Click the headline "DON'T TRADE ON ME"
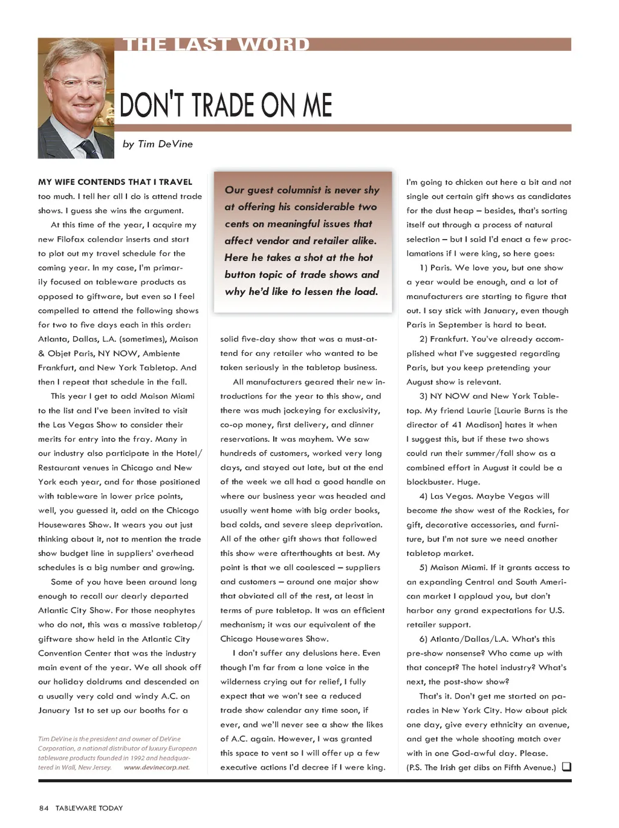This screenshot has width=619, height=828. pos(226,105)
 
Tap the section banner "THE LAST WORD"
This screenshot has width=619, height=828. pos(216,45)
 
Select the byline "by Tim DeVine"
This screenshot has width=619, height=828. pos(158,144)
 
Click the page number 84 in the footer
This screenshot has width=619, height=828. pos(44,808)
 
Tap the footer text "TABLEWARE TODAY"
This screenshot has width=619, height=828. pos(89,808)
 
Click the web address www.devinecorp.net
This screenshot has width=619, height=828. pos(157,768)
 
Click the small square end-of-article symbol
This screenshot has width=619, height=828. pos(566,767)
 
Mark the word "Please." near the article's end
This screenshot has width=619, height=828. pos(534,753)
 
